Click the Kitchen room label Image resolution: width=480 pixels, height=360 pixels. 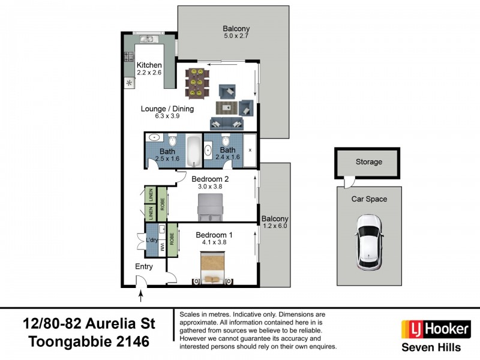coord(149,65)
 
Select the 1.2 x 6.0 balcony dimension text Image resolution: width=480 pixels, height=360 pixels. coord(275,226)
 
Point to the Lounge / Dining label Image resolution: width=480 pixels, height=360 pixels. coord(167,109)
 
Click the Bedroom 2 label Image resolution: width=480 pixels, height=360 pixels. coord(210,178)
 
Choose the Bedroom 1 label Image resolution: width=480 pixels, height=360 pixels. coord(214,235)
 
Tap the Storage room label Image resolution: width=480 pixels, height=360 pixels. coord(368,162)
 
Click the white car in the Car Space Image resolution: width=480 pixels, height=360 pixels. coord(369,242)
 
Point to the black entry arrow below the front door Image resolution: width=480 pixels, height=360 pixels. coord(142,295)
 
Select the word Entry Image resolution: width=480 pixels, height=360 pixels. coord(144,266)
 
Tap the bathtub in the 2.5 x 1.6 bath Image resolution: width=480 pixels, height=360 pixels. coord(194,151)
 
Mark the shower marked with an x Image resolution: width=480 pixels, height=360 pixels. coord(250,150)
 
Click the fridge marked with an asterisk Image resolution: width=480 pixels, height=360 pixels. coord(128,83)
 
